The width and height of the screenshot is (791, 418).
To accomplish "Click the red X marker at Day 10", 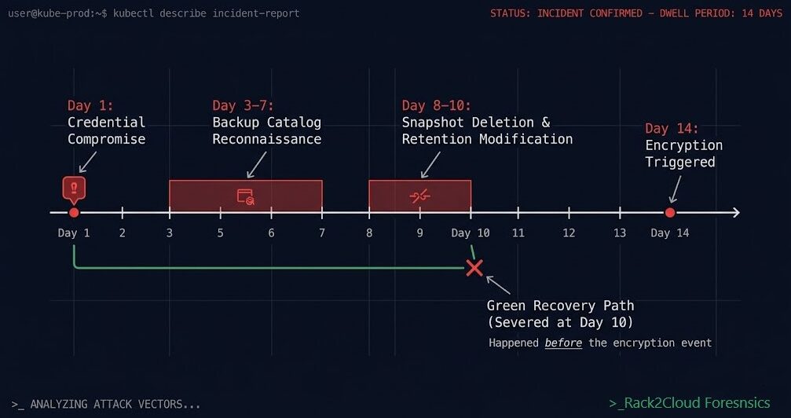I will click(474, 268).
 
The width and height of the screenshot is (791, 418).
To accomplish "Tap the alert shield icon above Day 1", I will click(74, 189).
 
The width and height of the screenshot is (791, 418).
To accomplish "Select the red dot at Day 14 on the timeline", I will click(670, 213).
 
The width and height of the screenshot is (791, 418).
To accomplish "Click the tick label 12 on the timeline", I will click(569, 233).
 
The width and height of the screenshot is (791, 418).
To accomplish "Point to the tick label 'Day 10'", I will click(471, 233).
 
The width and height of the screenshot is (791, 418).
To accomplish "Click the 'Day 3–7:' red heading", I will click(243, 105).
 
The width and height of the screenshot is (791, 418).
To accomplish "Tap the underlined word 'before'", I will click(563, 343).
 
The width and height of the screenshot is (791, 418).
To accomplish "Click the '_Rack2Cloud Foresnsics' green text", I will click(690, 402).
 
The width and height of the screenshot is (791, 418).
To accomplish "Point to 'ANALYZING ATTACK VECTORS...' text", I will click(115, 404).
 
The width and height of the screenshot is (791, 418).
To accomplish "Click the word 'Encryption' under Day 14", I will click(683, 145).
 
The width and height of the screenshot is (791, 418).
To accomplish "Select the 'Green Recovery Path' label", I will click(560, 306).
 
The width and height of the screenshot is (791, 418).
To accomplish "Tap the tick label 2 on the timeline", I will click(123, 233).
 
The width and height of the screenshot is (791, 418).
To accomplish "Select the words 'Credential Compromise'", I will click(106, 130).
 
